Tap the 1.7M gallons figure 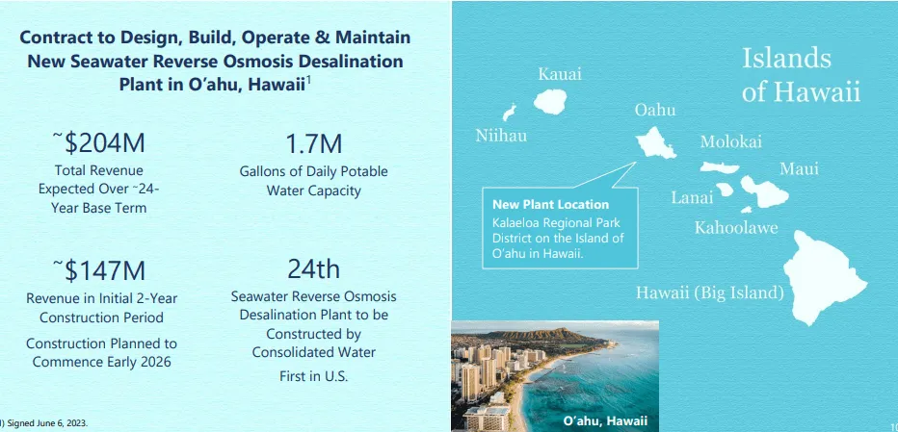tap(313, 144)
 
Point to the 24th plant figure tap(313, 268)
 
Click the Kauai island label tap(560, 74)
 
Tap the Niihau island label tap(501, 136)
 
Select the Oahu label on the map tap(655, 111)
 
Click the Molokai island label tap(730, 141)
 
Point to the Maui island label tap(799, 169)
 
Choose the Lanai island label tap(692, 198)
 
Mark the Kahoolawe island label tap(736, 228)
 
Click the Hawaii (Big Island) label tap(709, 292)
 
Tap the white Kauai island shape tap(552, 99)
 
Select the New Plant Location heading tap(550, 204)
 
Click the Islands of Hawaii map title tap(800, 75)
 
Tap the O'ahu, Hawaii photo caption tap(604, 420)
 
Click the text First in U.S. tap(313, 376)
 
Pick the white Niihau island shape tap(510, 112)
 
